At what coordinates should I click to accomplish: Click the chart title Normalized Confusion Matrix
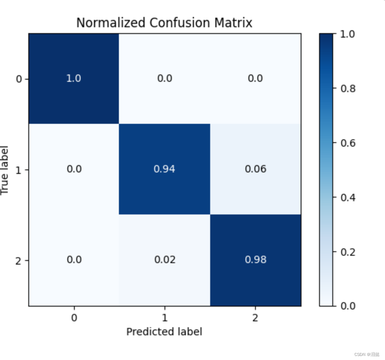(x=164, y=23)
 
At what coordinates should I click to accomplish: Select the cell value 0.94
(x=165, y=169)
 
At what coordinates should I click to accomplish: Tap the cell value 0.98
(x=255, y=260)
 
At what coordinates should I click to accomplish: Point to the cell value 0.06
(x=255, y=169)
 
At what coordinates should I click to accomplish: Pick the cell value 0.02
(x=165, y=260)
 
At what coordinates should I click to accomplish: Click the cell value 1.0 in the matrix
(x=74, y=78)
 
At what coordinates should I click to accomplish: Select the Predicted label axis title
(x=164, y=332)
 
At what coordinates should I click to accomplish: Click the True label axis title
(x=5, y=170)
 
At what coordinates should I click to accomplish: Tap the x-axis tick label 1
(x=165, y=318)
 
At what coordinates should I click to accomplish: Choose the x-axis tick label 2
(x=255, y=318)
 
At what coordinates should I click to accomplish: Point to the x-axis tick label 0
(x=74, y=318)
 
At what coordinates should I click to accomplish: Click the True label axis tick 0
(x=19, y=79)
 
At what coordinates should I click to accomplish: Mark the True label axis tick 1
(x=19, y=170)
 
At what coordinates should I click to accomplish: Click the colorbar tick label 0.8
(x=347, y=89)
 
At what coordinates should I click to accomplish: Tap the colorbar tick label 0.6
(x=347, y=143)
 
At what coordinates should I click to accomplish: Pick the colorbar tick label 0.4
(x=347, y=198)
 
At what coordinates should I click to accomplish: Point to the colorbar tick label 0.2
(x=347, y=252)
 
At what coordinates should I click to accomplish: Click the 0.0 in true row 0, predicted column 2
(x=255, y=78)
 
